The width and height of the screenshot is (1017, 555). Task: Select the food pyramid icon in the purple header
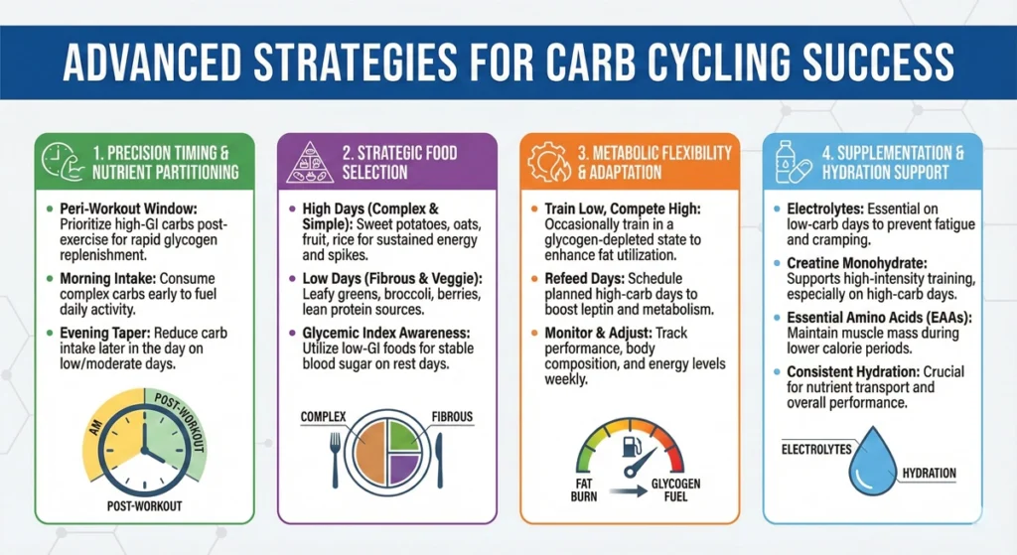(x=310, y=162)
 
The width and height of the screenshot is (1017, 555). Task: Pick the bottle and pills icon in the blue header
(x=792, y=162)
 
